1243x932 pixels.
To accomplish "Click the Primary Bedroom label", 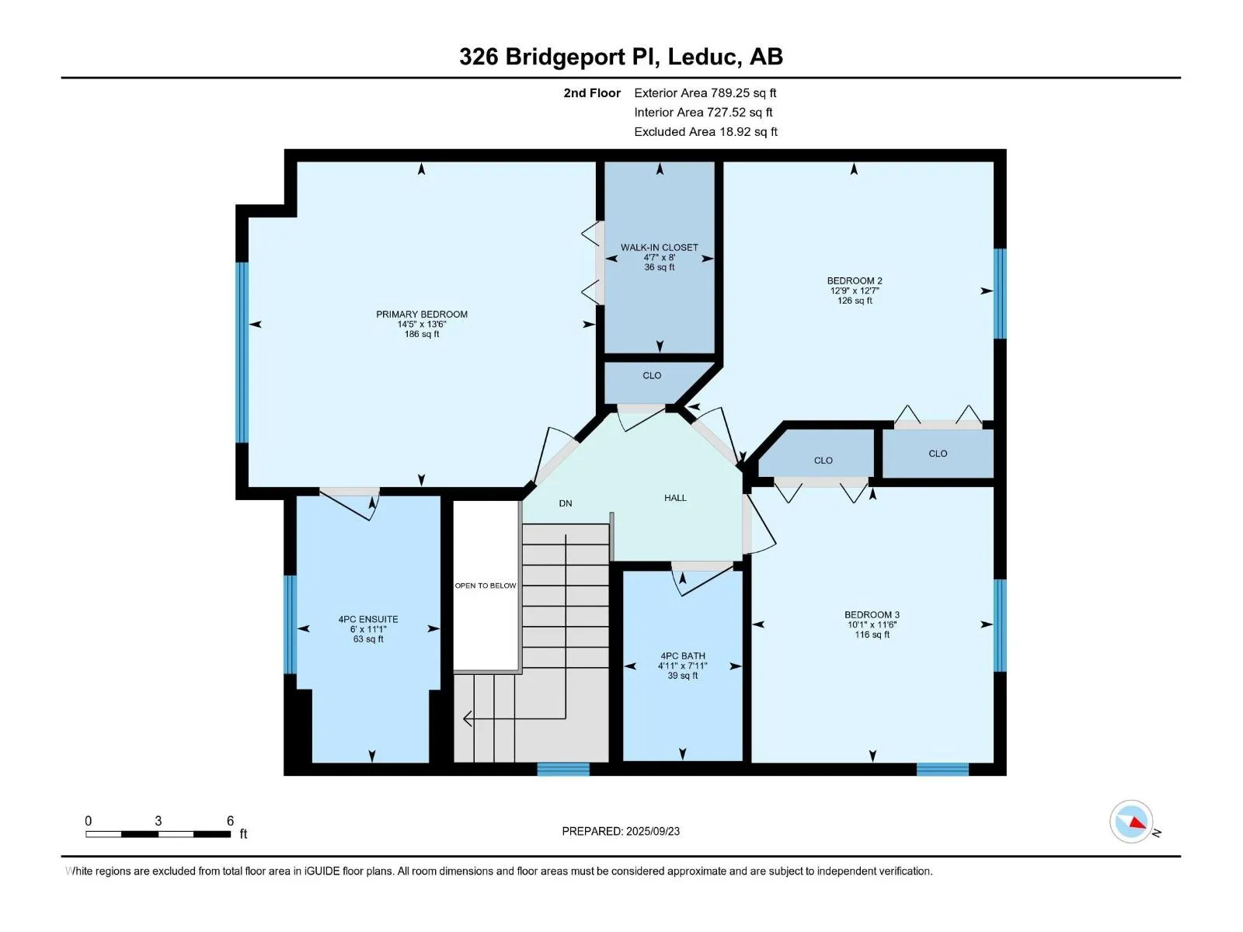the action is click(421, 314).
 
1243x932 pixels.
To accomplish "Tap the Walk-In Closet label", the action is click(659, 247).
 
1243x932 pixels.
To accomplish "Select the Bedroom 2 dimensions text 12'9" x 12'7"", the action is click(855, 290).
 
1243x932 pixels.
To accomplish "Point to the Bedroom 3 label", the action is click(872, 614).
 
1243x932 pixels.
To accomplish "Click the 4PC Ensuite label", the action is click(368, 619).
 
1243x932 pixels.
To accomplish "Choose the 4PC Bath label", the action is click(682, 656).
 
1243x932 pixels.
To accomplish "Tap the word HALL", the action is click(675, 498).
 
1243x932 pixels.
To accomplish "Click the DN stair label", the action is click(565, 503).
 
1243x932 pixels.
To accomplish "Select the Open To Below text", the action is click(486, 586).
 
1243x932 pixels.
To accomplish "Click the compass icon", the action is click(1131, 821).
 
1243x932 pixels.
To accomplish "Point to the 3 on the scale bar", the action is click(158, 820).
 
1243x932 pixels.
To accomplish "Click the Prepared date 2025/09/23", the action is click(653, 831).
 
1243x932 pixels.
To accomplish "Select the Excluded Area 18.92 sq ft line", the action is click(705, 132).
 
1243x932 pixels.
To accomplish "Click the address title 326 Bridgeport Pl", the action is click(559, 57).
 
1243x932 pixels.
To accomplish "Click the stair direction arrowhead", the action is click(468, 718).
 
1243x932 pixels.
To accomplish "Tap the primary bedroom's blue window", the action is click(242, 352).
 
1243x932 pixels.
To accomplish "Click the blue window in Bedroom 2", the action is click(1000, 293).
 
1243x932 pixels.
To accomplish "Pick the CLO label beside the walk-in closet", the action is click(652, 375).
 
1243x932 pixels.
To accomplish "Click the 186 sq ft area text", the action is click(421, 334).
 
